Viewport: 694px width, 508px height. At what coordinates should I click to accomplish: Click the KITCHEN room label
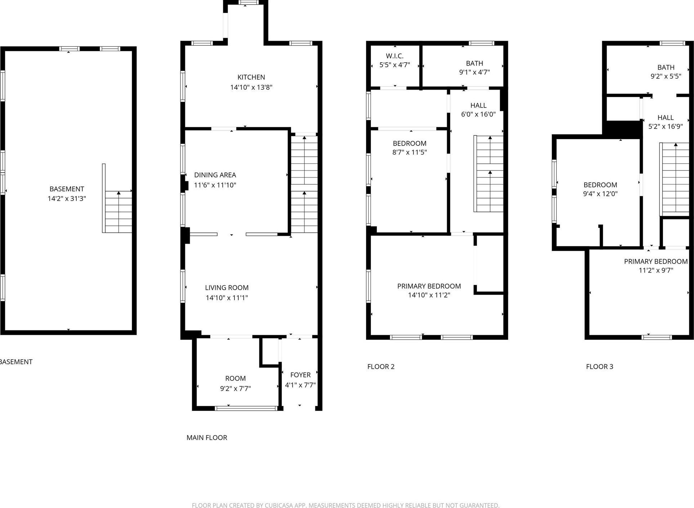(x=251, y=77)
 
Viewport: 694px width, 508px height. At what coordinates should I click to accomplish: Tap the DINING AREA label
(x=215, y=175)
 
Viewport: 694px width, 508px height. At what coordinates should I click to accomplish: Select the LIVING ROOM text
(x=227, y=288)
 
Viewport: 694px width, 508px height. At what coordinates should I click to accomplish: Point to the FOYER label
(x=300, y=375)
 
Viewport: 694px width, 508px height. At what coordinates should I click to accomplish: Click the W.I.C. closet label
(x=395, y=56)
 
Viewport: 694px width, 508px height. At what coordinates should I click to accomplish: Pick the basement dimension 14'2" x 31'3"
(x=67, y=199)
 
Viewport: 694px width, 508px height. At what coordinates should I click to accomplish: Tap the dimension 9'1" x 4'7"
(x=474, y=72)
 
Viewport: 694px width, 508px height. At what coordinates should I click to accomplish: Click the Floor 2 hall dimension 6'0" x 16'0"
(x=478, y=114)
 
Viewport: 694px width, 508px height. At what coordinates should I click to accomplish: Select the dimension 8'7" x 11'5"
(x=409, y=152)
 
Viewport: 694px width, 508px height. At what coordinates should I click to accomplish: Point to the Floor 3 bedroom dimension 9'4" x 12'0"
(x=600, y=193)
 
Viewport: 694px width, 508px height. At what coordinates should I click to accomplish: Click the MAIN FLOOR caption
(x=207, y=437)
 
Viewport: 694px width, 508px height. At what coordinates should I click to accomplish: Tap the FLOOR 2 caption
(x=381, y=366)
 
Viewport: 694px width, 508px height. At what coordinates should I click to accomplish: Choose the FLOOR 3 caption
(x=599, y=366)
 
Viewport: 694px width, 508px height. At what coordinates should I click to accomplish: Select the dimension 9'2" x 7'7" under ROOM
(x=236, y=388)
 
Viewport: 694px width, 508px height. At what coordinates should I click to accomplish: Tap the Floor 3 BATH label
(x=666, y=67)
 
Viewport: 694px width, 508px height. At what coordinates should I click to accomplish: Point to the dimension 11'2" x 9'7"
(x=656, y=270)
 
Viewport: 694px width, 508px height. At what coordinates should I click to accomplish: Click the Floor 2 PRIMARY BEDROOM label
(x=429, y=286)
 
